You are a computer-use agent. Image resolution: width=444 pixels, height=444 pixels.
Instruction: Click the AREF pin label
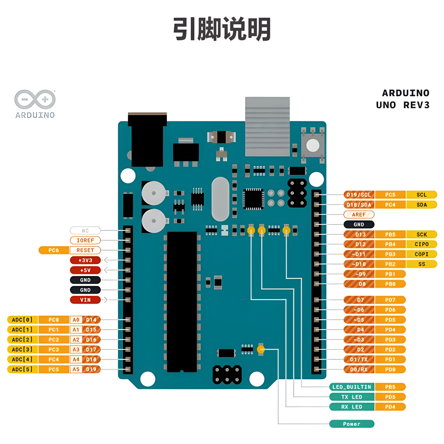pos(359,215)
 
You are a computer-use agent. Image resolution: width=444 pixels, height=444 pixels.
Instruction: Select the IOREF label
pos(85,240)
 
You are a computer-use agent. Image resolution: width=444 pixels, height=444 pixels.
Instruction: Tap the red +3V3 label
pos(85,260)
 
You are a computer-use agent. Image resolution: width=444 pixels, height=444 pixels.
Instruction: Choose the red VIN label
pos(85,300)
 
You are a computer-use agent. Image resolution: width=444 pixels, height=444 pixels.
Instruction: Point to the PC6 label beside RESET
pos(54,250)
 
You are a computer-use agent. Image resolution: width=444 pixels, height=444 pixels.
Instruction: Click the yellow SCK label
pos(421,234)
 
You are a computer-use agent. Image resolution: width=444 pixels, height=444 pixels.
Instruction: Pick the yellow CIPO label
pos(421,244)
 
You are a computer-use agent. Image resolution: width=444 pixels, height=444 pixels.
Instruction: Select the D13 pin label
pos(359,234)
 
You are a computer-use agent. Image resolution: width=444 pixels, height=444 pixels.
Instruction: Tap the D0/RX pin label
pos(359,370)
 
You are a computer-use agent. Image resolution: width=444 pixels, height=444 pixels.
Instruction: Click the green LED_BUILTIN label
pos(351,387)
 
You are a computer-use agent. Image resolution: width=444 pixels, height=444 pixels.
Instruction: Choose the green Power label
pos(351,424)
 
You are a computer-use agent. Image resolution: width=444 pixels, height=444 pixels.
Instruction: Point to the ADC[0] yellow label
pos(22,320)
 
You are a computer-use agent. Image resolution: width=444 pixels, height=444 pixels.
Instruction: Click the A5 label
pos(76,370)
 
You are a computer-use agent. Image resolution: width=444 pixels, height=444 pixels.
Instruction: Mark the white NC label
pos(85,230)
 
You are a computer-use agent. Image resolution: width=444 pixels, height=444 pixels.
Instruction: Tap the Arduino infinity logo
pos(35,99)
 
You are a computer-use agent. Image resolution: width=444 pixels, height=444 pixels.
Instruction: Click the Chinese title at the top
pos(222,30)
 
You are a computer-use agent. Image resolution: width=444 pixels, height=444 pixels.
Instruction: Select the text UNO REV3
pos(403,105)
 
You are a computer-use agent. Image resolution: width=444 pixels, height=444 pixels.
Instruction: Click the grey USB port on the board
pos(267,126)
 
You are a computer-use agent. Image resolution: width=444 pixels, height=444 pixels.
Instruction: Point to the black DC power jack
pos(147,139)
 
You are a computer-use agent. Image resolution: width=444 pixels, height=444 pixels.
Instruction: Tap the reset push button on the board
pos(313,145)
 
